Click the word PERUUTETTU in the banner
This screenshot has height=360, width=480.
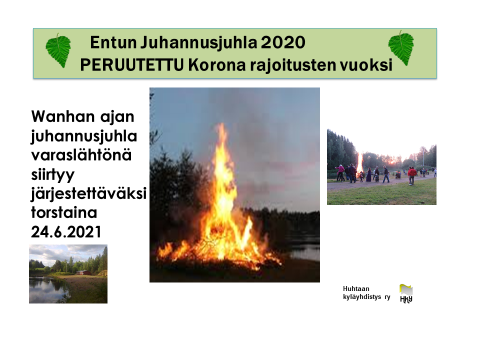pyautogui.click(x=132, y=65)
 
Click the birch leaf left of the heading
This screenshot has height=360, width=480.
pyautogui.click(x=58, y=50)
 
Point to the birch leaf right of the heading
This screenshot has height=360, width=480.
pyautogui.click(x=401, y=48)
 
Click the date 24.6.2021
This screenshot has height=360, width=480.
pyautogui.click(x=66, y=231)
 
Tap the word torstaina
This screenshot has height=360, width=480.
pyautogui.click(x=64, y=212)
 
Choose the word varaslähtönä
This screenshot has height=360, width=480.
pyautogui.click(x=81, y=155)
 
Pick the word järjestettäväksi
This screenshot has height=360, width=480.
pyautogui.click(x=89, y=194)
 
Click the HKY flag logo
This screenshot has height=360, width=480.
pyautogui.click(x=406, y=293)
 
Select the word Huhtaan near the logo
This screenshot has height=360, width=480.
pyautogui.click(x=356, y=288)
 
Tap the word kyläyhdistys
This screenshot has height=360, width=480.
pyautogui.click(x=362, y=297)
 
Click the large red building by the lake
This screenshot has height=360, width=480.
pyautogui.click(x=83, y=272)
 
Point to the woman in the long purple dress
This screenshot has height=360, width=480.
pyautogui.click(x=369, y=174)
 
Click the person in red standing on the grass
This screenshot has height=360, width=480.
pyautogui.click(x=411, y=175)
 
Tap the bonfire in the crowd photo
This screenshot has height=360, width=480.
pyautogui.click(x=359, y=164)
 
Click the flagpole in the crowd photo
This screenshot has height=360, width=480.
pyautogui.click(x=423, y=156)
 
